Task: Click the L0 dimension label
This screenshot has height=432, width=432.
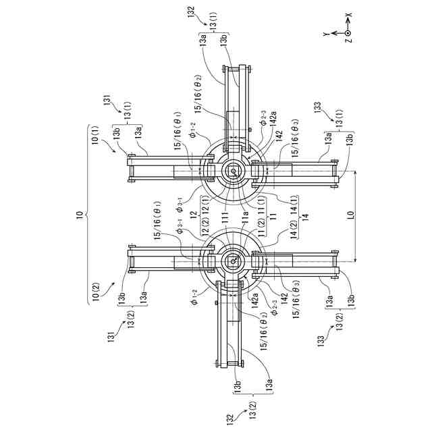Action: pos(350,217)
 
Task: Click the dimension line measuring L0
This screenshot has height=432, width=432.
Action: pos(354,217)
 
